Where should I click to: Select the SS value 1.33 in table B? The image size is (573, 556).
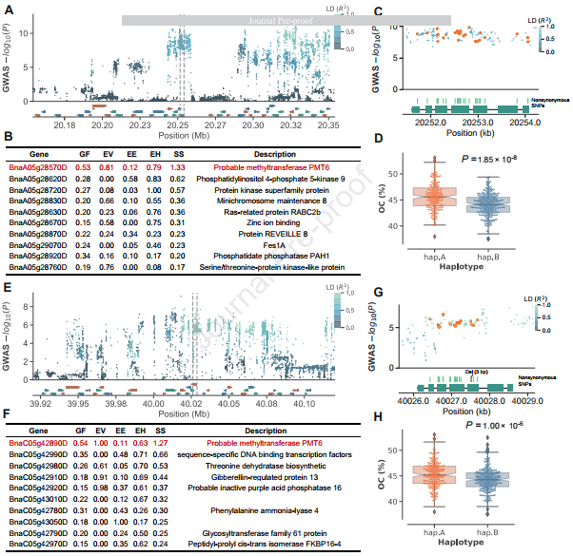tap(177, 167)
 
